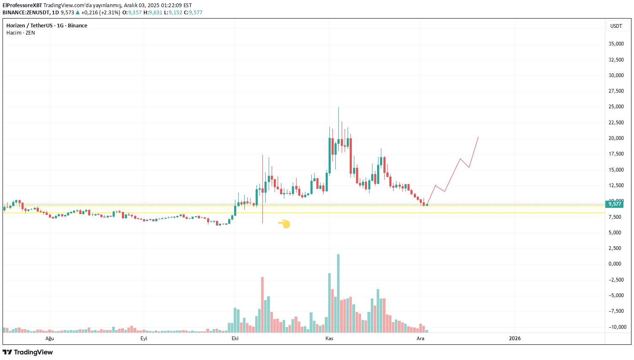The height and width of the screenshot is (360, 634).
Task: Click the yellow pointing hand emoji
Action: [x=284, y=224]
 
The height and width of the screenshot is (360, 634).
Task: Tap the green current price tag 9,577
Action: [x=615, y=204]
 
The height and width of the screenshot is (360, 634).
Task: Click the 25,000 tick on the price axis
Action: [x=616, y=107]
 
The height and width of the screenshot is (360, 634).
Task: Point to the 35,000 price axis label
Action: [x=616, y=44]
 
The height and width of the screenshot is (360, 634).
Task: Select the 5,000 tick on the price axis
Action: [x=615, y=233]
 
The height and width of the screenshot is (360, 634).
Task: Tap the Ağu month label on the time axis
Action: [x=50, y=339]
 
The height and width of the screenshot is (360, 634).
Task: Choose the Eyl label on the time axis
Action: [x=144, y=339]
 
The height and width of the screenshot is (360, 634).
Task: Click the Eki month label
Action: [x=235, y=339]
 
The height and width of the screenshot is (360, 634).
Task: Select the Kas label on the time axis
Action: [x=329, y=339]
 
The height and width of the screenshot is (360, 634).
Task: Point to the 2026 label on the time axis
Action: [x=515, y=339]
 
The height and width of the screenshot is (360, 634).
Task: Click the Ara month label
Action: [x=421, y=339]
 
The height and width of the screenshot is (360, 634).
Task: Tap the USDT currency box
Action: [x=616, y=26]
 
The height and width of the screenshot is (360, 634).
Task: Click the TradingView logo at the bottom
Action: [x=28, y=352]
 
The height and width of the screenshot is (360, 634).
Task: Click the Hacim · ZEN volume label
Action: [x=21, y=33]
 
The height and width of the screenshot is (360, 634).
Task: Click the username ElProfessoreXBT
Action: [x=22, y=5]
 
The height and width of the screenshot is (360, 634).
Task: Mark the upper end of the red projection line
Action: [x=478, y=137]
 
